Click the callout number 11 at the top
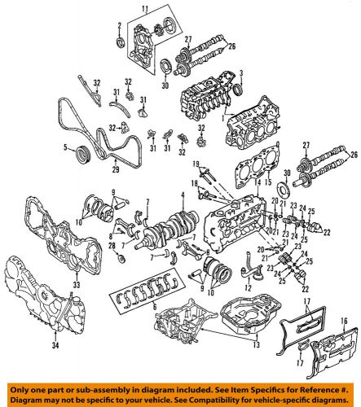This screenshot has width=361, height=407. pos(146,11)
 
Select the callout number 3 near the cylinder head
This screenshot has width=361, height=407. pos(240,72)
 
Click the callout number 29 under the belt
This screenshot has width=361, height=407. pos(116,169)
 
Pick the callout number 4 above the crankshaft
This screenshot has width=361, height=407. pos(183,195)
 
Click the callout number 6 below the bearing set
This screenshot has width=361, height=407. pos(155,306)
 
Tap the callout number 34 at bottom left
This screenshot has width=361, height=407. pos(55,345)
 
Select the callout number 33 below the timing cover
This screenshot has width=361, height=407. pos(77,284)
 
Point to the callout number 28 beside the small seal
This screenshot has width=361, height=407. pos(112,245)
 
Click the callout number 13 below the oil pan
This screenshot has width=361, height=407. pos(256,344)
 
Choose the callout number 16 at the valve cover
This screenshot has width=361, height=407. pos(344,321)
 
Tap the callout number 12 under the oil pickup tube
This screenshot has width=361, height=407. pos(248,287)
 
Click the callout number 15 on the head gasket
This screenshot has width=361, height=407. pos(268,182)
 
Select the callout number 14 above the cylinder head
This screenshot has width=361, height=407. pos(258,182)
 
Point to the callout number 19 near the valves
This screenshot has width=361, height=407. pos(196,164)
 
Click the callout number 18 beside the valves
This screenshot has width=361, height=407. pos(195,183)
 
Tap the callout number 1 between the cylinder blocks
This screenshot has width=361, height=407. pos(222,118)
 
